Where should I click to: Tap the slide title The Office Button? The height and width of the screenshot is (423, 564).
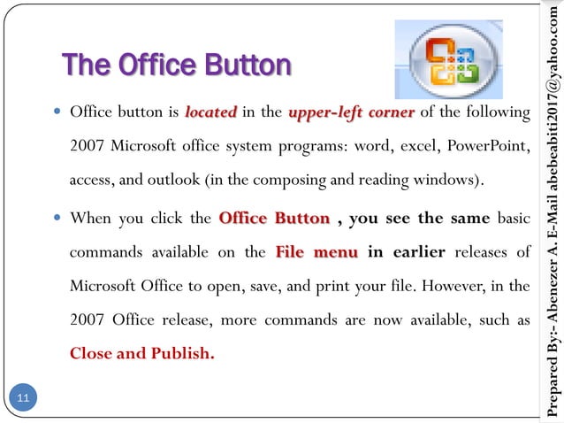coord(176,65)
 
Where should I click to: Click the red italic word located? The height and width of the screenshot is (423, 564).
coord(210,113)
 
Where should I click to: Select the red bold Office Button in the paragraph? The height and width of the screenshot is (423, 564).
coord(274,218)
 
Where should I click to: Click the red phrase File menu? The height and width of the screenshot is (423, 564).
coord(316,252)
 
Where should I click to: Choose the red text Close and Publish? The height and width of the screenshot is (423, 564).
coord(141,354)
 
